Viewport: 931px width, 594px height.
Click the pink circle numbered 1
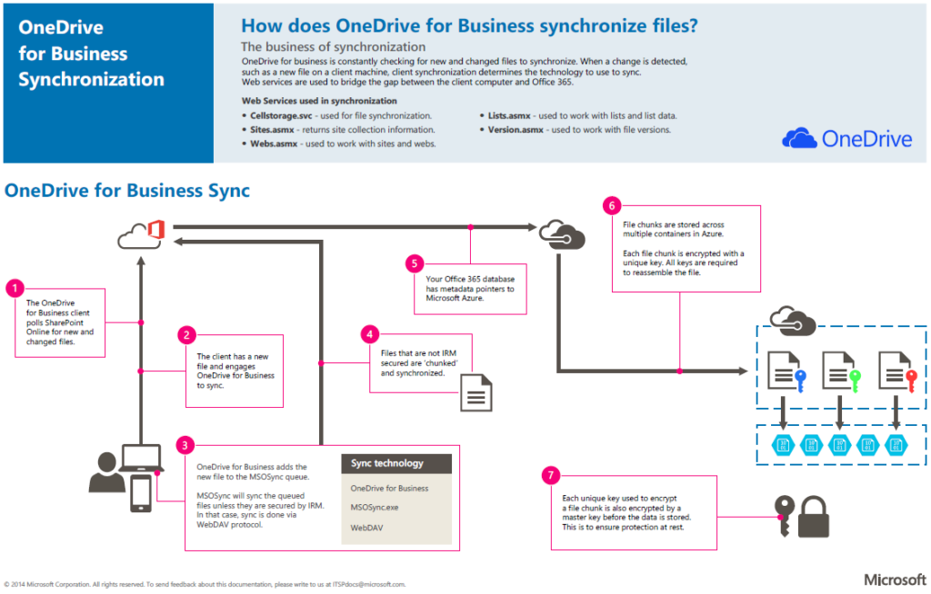click(x=15, y=289)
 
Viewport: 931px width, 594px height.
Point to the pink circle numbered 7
click(x=550, y=475)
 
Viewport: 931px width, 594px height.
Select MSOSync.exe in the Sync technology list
click(x=375, y=507)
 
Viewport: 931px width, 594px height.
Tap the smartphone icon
click(x=141, y=494)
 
